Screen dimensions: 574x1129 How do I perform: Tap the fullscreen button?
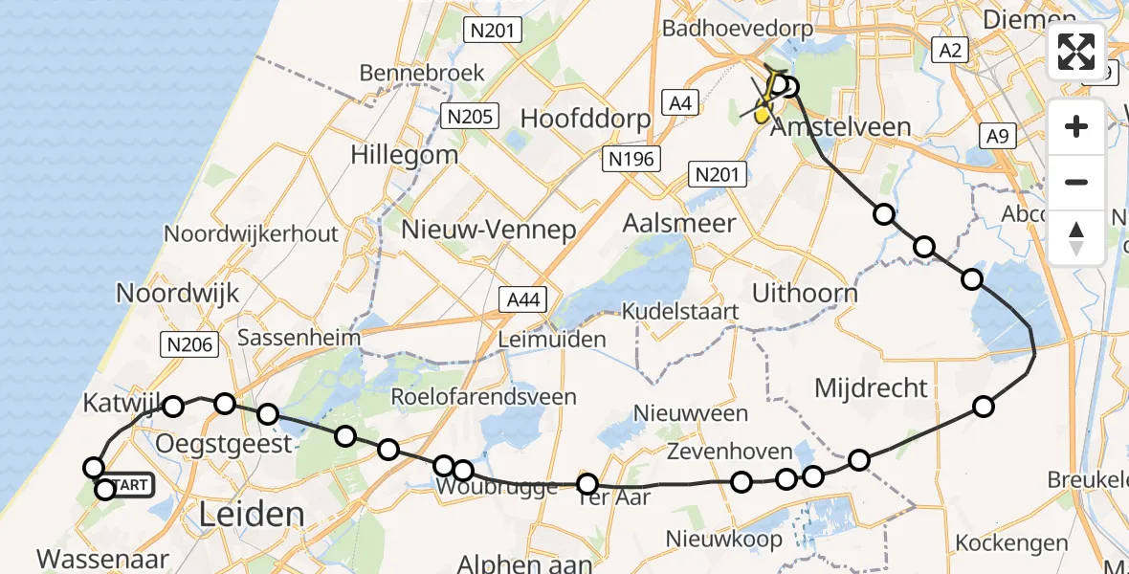click(1076, 52)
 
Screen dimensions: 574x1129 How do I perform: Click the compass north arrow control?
click(1076, 237)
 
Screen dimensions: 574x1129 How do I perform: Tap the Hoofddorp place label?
click(585, 119)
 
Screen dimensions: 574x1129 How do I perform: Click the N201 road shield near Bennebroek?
click(493, 30)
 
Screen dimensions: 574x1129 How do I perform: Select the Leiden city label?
click(251, 515)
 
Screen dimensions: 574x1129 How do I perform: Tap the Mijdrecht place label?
click(870, 387)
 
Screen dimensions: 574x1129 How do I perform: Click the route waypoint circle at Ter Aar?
click(587, 484)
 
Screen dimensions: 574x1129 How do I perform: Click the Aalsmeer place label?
click(678, 223)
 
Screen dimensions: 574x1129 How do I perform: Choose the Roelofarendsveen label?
click(484, 396)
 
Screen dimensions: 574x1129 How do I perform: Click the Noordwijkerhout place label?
click(251, 233)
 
